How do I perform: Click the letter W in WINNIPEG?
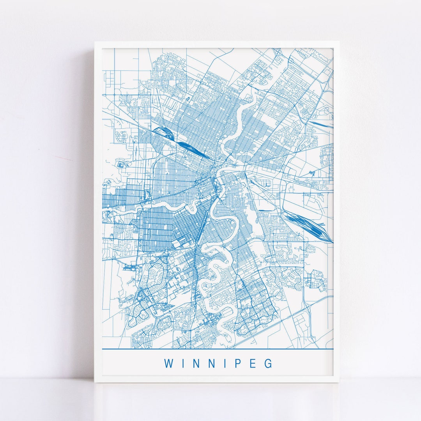pos(168,363)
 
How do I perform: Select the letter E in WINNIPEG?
pos(254,363)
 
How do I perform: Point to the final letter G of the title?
pos(269,363)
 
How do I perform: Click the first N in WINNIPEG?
pos(194,363)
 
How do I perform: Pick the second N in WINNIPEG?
pos(210,363)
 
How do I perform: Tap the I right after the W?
pos(181,363)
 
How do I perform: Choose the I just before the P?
pos(225,363)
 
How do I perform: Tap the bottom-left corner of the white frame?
pos(95,381)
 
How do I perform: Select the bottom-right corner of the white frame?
pos(338,381)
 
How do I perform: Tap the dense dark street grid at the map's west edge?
pos(113,200)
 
